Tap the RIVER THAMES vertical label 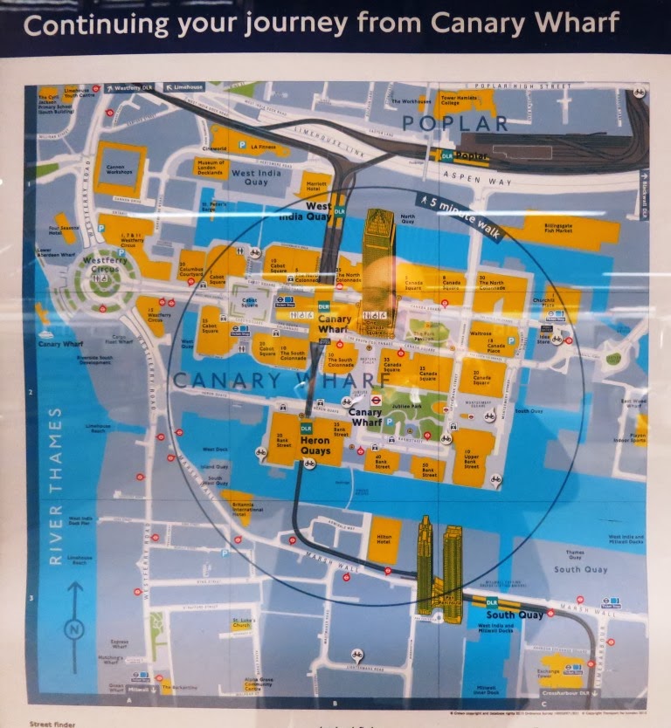pyautogui.click(x=55, y=484)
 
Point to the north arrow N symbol pyautogui.click(x=74, y=627)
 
